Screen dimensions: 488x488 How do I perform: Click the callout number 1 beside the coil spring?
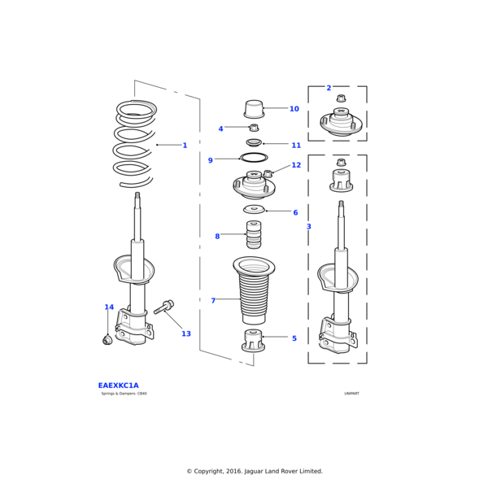pyautogui.click(x=185, y=146)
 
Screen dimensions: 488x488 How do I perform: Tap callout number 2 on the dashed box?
pyautogui.click(x=329, y=88)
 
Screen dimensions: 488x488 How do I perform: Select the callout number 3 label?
pyautogui.click(x=308, y=227)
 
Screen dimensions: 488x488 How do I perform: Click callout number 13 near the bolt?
pyautogui.click(x=186, y=333)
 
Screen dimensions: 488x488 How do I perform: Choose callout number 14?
pyautogui.click(x=109, y=307)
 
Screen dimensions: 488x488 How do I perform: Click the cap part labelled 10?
pyautogui.click(x=254, y=109)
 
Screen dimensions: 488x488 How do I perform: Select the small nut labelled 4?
pyautogui.click(x=254, y=128)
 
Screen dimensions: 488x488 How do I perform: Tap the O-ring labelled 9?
pyautogui.click(x=254, y=157)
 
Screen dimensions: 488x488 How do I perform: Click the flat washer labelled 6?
pyautogui.click(x=254, y=210)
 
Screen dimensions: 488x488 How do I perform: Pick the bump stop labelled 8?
pyautogui.click(x=254, y=236)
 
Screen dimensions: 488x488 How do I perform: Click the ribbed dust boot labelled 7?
pyautogui.click(x=254, y=297)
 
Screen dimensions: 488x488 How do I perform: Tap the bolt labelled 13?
pyautogui.click(x=163, y=307)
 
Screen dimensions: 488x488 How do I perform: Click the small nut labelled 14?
pyautogui.click(x=107, y=339)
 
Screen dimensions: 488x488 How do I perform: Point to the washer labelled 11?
pyautogui.click(x=254, y=143)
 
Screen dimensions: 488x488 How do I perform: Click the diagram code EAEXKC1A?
pyautogui.click(x=118, y=386)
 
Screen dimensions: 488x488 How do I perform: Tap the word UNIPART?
pyautogui.click(x=351, y=394)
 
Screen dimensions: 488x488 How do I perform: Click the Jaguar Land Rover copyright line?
pyautogui.click(x=255, y=471)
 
